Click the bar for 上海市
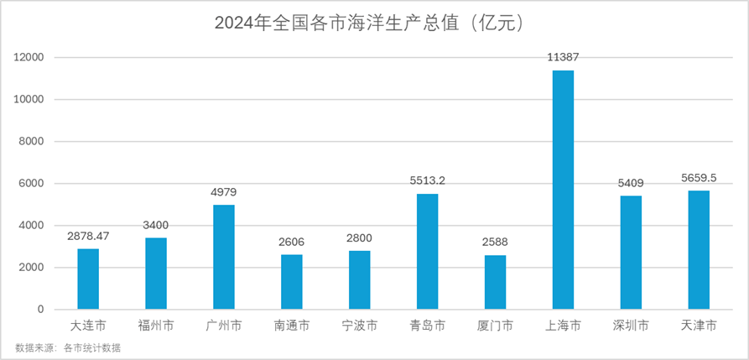pyautogui.click(x=563, y=190)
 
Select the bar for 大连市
pyautogui.click(x=88, y=279)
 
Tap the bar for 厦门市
pyautogui.click(x=495, y=282)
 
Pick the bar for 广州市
pyautogui.click(x=224, y=257)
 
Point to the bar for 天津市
pyautogui.click(x=699, y=250)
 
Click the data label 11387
pyautogui.click(x=563, y=57)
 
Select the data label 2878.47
pyautogui.click(x=88, y=236)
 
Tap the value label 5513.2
pyautogui.click(x=427, y=180)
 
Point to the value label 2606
pyautogui.click(x=292, y=242)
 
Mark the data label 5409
pyautogui.click(x=631, y=183)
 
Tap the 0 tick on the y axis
pyautogui.click(x=40, y=310)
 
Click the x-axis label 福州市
pyautogui.click(x=156, y=325)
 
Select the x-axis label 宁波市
pyautogui.click(x=359, y=325)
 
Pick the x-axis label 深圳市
pyautogui.click(x=631, y=325)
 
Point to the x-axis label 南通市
pyautogui.click(x=292, y=325)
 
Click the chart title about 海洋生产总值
pyautogui.click(x=374, y=23)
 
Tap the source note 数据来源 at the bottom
pyautogui.click(x=68, y=347)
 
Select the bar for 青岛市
pyautogui.click(x=427, y=252)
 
